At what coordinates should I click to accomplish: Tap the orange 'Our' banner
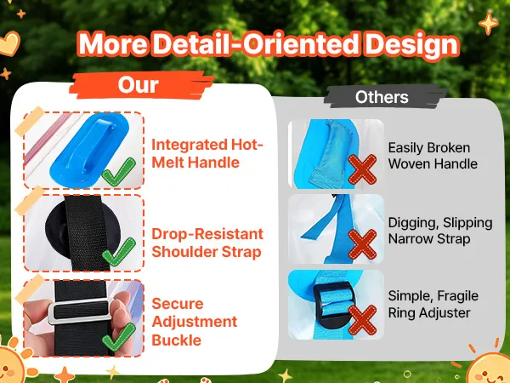pyautogui.click(x=140, y=85)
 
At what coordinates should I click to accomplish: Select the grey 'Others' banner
pyautogui.click(x=382, y=97)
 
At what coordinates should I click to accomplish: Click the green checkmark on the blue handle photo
pyautogui.click(x=119, y=172)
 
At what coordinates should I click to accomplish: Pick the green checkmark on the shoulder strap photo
pyautogui.click(x=119, y=252)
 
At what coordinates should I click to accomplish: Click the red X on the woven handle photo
pyautogui.click(x=362, y=169)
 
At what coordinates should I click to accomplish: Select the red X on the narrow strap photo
pyautogui.click(x=362, y=244)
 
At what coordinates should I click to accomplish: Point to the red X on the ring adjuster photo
pyautogui.click(x=362, y=320)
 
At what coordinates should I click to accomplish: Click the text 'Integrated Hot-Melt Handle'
pyautogui.click(x=207, y=153)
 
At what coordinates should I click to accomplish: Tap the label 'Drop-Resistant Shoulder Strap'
pyautogui.click(x=207, y=243)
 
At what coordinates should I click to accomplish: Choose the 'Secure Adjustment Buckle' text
pyautogui.click(x=194, y=322)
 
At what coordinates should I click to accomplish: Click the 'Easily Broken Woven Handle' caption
pyautogui.click(x=433, y=156)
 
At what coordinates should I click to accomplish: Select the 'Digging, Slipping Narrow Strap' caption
pyautogui.click(x=440, y=231)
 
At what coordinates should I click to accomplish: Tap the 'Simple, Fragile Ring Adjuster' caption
pyautogui.click(x=433, y=304)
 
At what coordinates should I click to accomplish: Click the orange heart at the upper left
pyautogui.click(x=9, y=44)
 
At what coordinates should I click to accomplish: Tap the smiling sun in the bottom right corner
pyautogui.click(x=489, y=368)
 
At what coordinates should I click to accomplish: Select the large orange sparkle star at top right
pyautogui.click(x=488, y=24)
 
